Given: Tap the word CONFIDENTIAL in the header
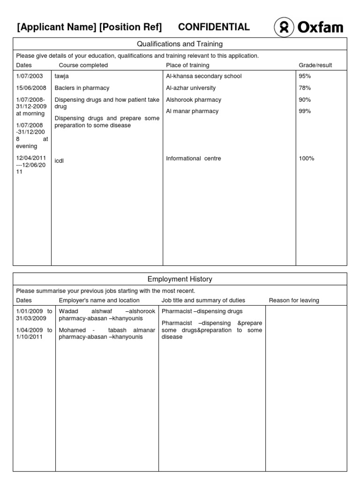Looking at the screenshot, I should [214, 27].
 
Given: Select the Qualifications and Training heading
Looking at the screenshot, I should [180, 44].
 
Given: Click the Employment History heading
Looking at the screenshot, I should [180, 279].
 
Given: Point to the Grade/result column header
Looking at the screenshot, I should [315, 65].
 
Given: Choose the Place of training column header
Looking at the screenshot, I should [187, 65].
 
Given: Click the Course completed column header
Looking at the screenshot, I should [83, 65].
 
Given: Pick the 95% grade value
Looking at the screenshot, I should [305, 76].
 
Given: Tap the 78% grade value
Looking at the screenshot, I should [305, 88].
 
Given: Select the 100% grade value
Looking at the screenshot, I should [306, 158].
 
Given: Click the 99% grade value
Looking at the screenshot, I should [305, 111].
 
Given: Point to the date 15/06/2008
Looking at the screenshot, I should [31, 88].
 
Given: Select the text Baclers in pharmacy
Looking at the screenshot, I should [82, 88].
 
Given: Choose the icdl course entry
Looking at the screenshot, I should [59, 161].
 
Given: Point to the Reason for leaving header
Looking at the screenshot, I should [294, 300].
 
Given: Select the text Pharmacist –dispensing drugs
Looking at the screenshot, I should [202, 311].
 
